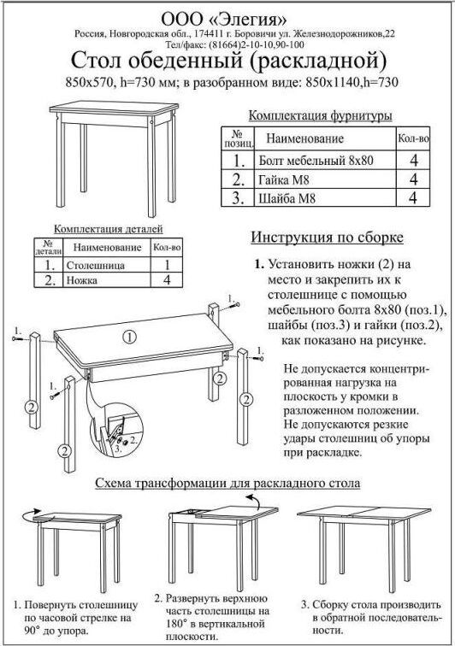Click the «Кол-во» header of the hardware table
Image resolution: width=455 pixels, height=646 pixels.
[413, 138]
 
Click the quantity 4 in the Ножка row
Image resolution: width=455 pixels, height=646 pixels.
[167, 280]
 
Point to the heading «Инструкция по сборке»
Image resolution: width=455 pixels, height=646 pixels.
[327, 238]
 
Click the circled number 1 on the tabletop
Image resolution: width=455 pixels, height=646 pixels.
[129, 338]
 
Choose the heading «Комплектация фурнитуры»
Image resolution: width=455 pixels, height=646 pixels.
[320, 115]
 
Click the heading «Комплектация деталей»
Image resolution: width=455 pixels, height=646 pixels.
[109, 229]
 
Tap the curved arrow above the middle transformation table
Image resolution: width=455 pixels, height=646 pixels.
[252, 502]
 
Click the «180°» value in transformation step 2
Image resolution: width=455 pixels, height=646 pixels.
[177, 623]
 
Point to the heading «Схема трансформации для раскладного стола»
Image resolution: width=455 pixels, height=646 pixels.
[227, 483]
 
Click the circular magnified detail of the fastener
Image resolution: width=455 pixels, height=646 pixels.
[116, 431]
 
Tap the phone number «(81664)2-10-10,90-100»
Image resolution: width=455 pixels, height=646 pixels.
[257, 44]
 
